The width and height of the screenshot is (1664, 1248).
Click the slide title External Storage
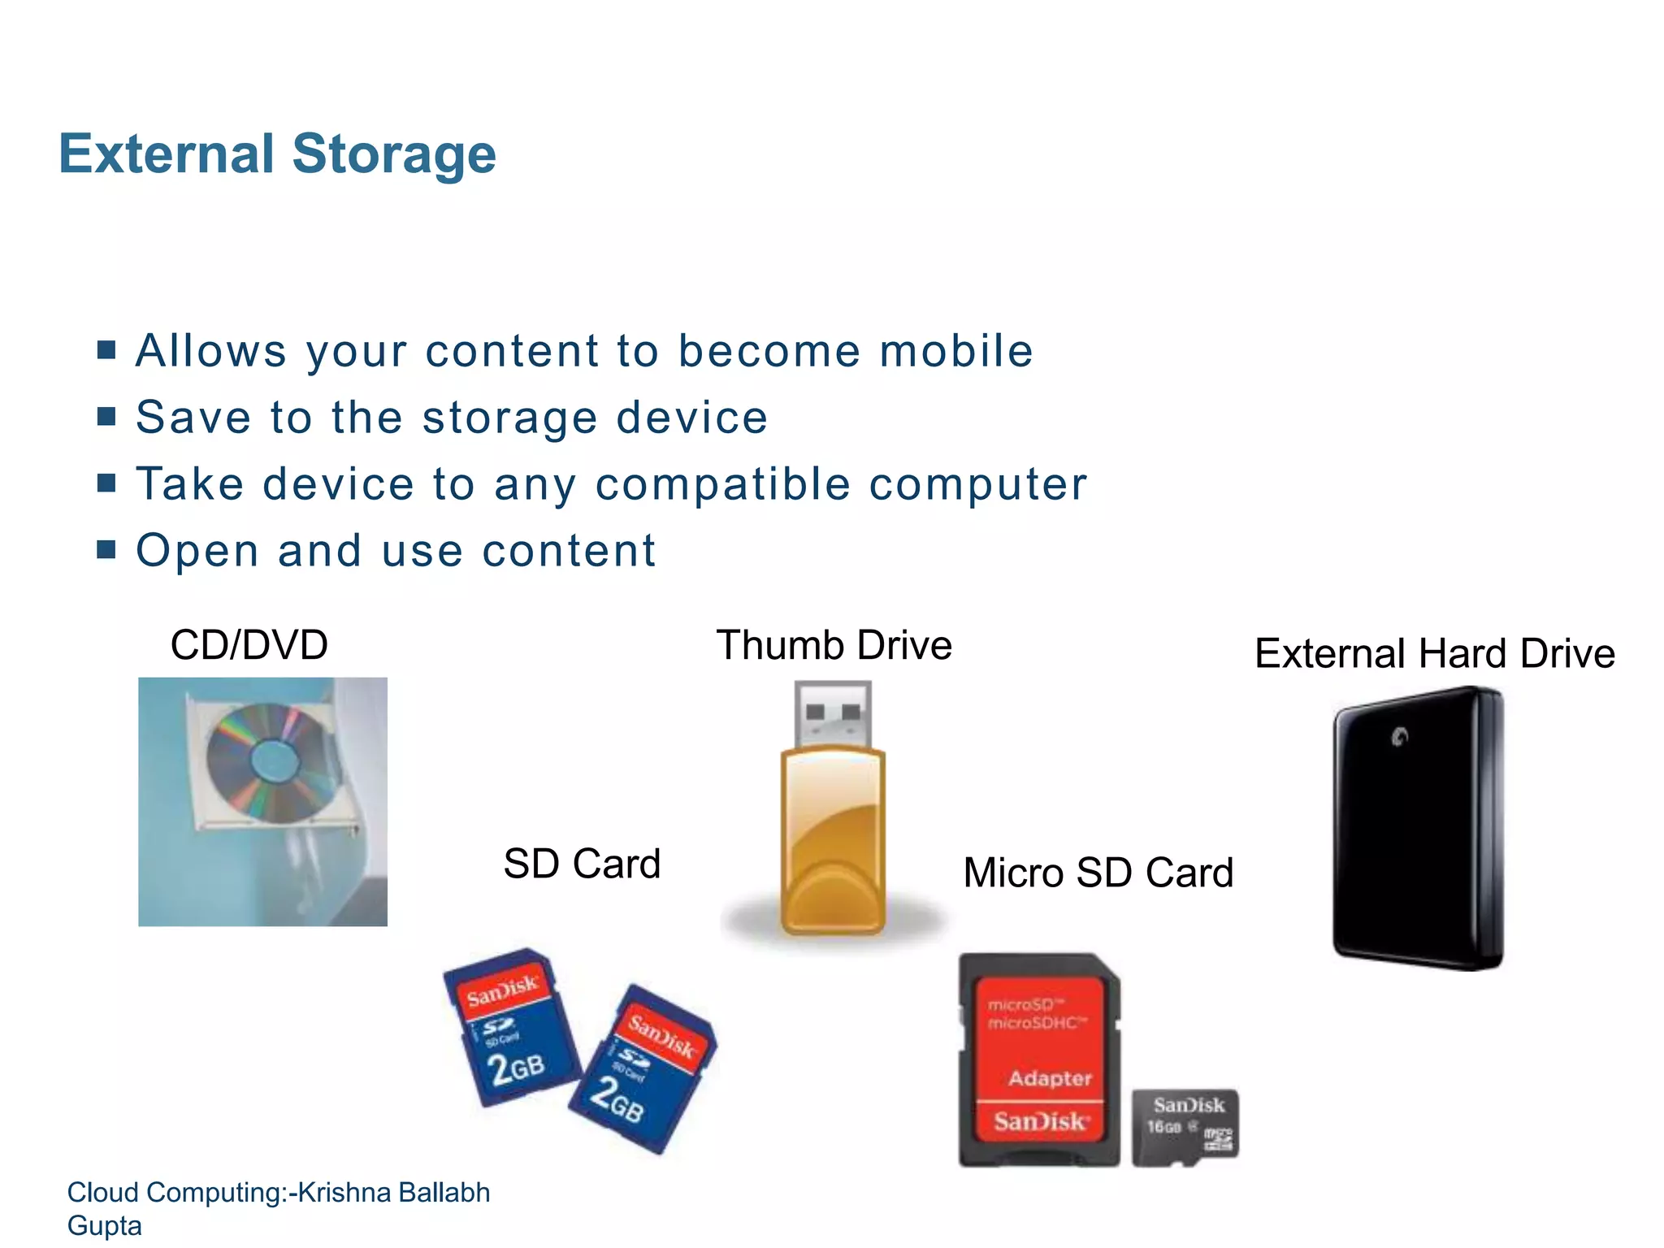point(277,154)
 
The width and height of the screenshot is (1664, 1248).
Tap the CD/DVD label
point(249,645)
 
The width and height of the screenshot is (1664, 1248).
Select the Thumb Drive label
point(834,646)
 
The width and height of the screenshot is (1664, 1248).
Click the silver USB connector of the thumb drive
point(832,713)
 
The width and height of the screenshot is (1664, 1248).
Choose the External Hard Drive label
point(1434,654)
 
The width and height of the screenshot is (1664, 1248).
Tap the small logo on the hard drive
point(1399,737)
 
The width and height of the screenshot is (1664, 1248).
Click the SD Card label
point(582,864)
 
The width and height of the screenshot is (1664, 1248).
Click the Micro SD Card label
point(1098,873)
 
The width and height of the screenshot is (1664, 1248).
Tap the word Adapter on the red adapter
point(1050,1078)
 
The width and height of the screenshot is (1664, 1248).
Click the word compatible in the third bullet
point(722,484)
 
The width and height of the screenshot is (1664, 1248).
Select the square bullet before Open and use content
point(106,550)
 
